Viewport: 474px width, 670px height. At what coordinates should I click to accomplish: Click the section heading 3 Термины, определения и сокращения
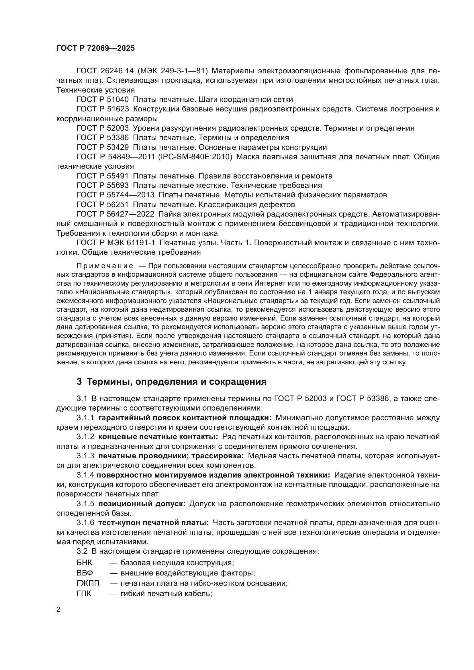pos(172,381)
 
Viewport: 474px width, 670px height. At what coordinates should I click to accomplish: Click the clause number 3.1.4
pos(85,475)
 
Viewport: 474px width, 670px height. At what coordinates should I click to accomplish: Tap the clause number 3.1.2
pos(85,437)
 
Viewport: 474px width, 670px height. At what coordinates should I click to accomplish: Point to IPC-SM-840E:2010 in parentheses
pos(195,157)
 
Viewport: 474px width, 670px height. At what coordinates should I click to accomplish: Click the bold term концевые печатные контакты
pos(158,437)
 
